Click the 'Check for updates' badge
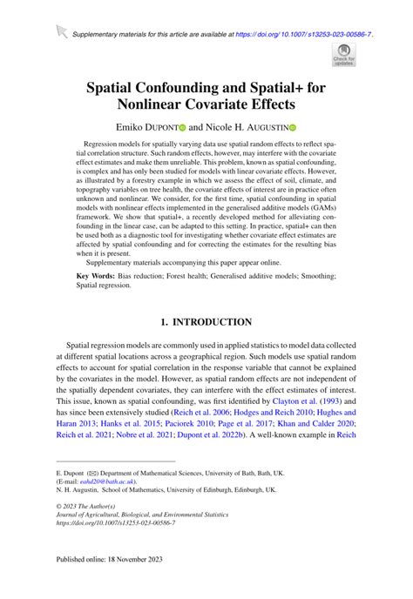tap(343, 56)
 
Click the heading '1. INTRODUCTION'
tap(206, 320)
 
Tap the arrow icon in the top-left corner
tap(60, 33)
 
